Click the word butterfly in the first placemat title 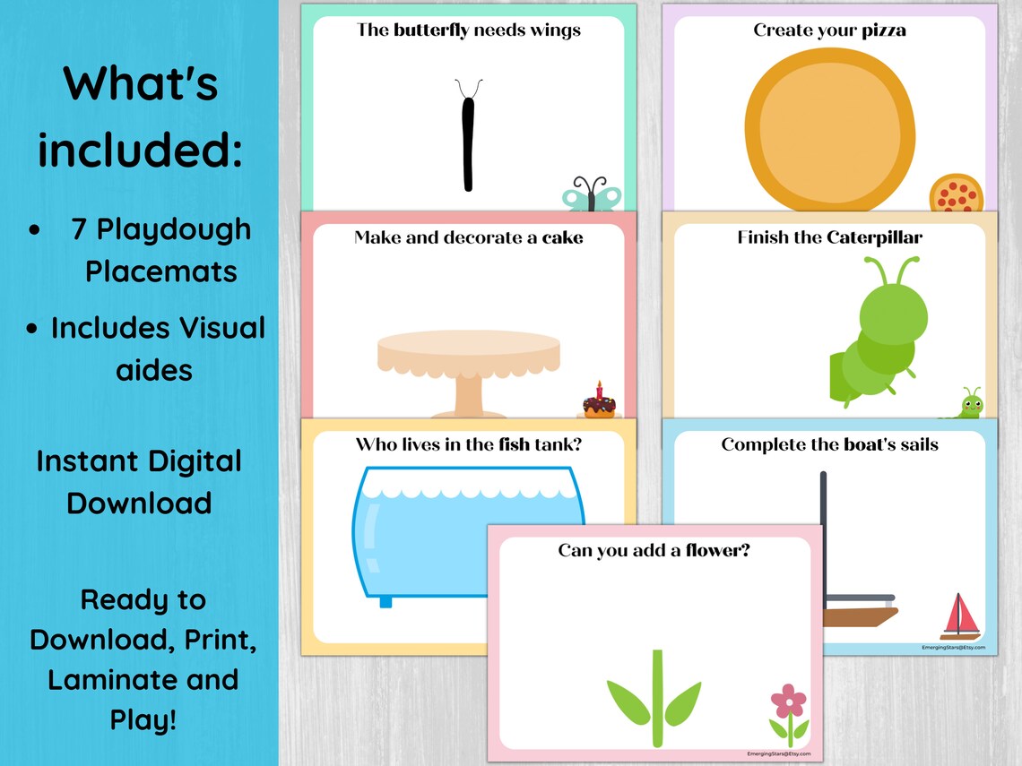coord(430,30)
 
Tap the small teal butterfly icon coord(592,194)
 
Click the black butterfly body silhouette coord(467,143)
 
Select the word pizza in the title coord(883,30)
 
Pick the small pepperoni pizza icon coord(956,193)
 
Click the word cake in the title coord(562,237)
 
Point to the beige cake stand coord(468,367)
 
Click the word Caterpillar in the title coord(874,237)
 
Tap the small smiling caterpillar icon coord(969,404)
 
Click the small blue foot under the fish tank coord(385,601)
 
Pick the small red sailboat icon coord(960,615)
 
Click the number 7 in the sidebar coord(80,229)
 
